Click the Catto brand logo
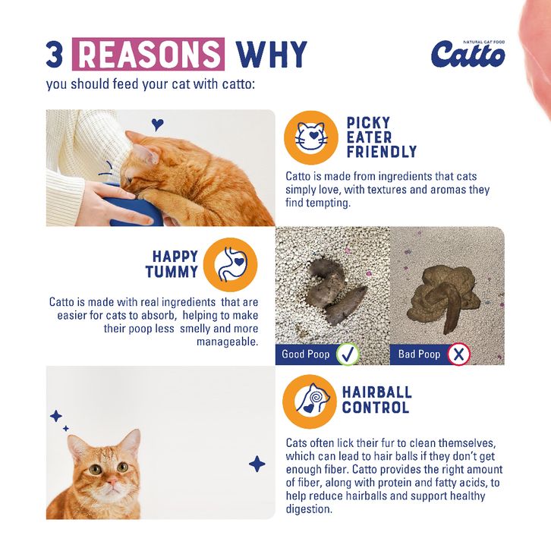pos(468,54)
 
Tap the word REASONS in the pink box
pos(148,54)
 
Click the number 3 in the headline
pos(54,54)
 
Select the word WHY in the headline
pos(271,54)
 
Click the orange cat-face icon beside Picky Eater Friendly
pos(311,137)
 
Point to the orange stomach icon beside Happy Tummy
pos(230,265)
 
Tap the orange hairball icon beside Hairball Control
pos(310,401)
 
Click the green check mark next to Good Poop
pos(348,354)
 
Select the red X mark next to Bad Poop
pos(459,354)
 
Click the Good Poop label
pos(306,354)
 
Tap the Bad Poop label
pos(419,354)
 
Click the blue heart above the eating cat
pos(157,124)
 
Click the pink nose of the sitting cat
pos(112,480)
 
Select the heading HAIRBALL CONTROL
pos(376,400)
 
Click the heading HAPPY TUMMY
pos(172,264)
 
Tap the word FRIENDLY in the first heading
pos(382,152)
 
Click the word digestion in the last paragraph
pos(309,509)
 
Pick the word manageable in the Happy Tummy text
pos(228,342)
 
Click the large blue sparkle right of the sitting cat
pos(257,464)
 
